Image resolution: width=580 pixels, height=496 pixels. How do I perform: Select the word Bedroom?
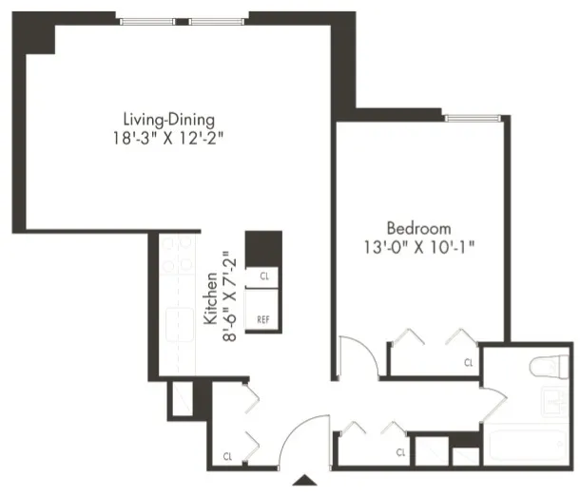(418, 228)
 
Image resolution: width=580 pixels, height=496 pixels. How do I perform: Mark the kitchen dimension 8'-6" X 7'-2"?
(226, 296)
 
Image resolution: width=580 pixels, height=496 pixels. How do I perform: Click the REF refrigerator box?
(263, 319)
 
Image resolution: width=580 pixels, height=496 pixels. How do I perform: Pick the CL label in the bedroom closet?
(469, 362)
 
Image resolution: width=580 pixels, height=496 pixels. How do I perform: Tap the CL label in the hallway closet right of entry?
(400, 451)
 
